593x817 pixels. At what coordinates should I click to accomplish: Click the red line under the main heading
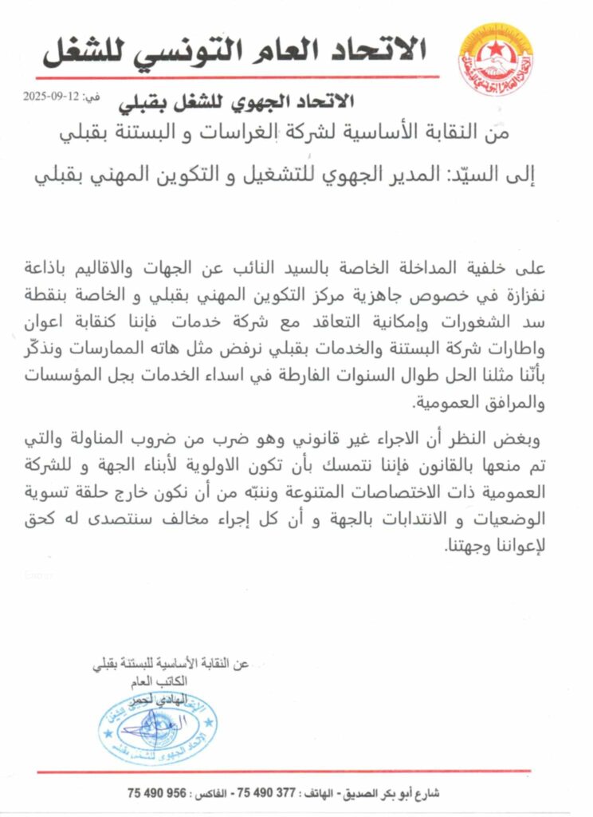coord(239,77)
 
